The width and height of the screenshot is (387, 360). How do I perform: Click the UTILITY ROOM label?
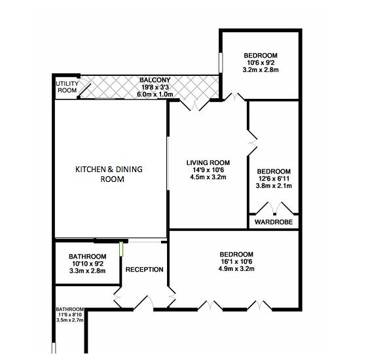tap(67, 87)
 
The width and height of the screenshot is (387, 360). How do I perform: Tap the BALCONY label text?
tap(155, 80)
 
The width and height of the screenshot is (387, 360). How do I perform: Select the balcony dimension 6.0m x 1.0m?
tap(155, 94)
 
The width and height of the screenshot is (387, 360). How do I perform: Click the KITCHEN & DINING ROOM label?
tap(109, 174)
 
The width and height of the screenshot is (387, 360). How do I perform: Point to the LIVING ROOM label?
tap(208, 163)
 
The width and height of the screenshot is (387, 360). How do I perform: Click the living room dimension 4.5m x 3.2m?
tap(208, 177)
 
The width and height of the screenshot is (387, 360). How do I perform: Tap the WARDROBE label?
tap(274, 222)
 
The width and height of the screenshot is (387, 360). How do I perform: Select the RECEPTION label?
tap(144, 270)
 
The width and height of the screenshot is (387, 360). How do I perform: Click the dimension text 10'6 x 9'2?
tap(261, 63)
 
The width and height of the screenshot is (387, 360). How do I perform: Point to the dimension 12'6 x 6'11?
tap(274, 179)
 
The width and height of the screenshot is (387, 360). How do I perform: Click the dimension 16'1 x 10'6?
tap(236, 262)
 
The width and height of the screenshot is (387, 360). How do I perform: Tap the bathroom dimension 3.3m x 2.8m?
tap(88, 271)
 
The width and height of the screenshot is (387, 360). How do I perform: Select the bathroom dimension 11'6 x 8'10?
tap(70, 315)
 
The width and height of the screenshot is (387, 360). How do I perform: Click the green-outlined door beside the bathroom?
tap(121, 249)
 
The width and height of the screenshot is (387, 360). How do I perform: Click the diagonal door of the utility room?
tap(84, 89)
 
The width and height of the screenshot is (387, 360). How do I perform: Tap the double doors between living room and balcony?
tap(195, 105)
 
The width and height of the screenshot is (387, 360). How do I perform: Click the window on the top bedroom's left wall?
tap(221, 62)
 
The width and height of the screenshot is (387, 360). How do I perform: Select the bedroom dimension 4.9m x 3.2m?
tap(236, 269)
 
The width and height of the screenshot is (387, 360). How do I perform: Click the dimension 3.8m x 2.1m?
tap(274, 185)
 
